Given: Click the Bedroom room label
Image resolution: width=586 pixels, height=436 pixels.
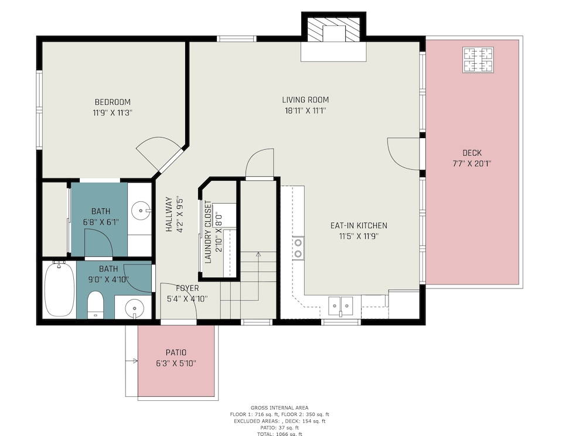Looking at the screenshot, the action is coord(113,102).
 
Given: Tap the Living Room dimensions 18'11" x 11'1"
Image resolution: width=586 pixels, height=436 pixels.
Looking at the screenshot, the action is coord(305,111).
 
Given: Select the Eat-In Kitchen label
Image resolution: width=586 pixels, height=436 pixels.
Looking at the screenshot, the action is coord(359,225).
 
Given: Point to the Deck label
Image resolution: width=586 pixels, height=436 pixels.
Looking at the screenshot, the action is coord(472,153).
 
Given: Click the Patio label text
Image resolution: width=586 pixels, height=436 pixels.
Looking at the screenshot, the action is coord(176,352).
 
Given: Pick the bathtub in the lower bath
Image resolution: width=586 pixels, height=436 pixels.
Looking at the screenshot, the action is coord(59,289).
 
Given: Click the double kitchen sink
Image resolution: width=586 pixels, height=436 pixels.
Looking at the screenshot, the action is coord(341,306).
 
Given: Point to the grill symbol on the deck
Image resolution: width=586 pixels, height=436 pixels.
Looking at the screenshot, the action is coord(478,60).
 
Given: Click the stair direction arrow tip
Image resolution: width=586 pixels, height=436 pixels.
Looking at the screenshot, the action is coord(258,253).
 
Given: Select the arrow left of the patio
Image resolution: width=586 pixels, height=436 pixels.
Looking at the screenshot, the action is coord(132,361).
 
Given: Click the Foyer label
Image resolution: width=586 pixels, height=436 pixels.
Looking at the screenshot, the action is coord(188,288).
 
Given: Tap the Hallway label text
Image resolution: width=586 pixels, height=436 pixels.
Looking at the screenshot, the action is coord(169,215).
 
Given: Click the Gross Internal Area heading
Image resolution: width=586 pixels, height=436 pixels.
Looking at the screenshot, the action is coord(280,408).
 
